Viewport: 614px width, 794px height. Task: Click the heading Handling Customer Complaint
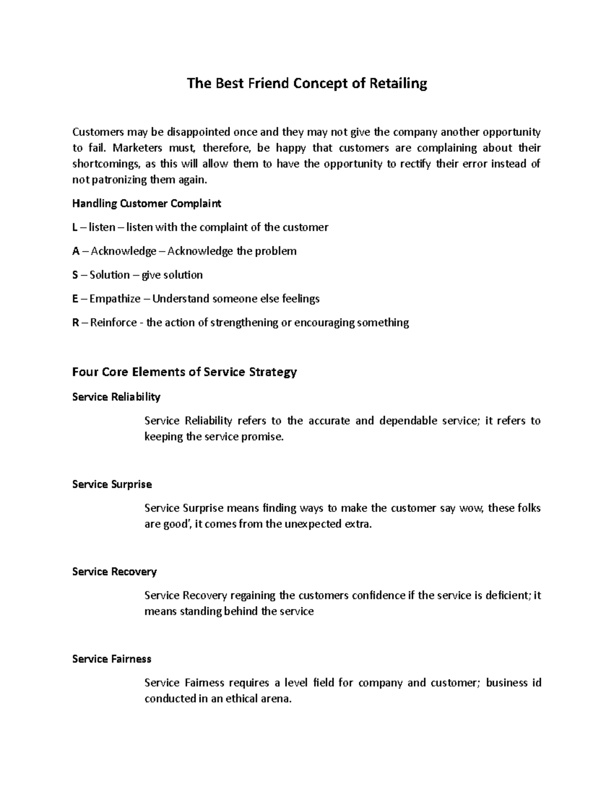tap(146, 203)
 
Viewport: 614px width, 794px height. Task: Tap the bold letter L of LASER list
tap(75, 228)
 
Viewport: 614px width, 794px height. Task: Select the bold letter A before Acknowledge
tap(76, 251)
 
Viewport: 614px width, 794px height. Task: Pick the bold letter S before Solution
tap(75, 275)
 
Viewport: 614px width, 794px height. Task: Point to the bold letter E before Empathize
tap(75, 299)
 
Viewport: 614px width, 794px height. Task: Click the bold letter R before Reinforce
tap(76, 323)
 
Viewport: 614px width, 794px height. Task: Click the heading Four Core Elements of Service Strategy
tap(184, 372)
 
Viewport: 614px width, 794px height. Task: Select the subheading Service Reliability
tap(116, 397)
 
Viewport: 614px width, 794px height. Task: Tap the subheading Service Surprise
tap(112, 484)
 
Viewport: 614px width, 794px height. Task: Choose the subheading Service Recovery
tap(114, 572)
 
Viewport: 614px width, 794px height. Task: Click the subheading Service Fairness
tap(112, 659)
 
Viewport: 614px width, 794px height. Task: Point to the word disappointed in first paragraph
tap(196, 132)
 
